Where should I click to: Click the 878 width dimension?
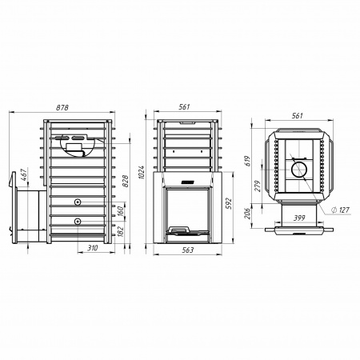pyautogui.click(x=62, y=107)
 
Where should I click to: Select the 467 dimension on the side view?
pyautogui.click(x=24, y=175)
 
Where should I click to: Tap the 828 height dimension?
pyautogui.click(x=126, y=181)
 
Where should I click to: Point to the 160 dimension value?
pyautogui.click(x=121, y=212)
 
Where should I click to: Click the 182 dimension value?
pyautogui.click(x=121, y=232)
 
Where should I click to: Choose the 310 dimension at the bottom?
pyautogui.click(x=93, y=248)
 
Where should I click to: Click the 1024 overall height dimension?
pyautogui.click(x=142, y=172)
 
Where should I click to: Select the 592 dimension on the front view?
pyautogui.click(x=229, y=203)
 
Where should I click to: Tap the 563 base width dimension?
pyautogui.click(x=188, y=250)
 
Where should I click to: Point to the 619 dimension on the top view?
pyautogui.click(x=248, y=161)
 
